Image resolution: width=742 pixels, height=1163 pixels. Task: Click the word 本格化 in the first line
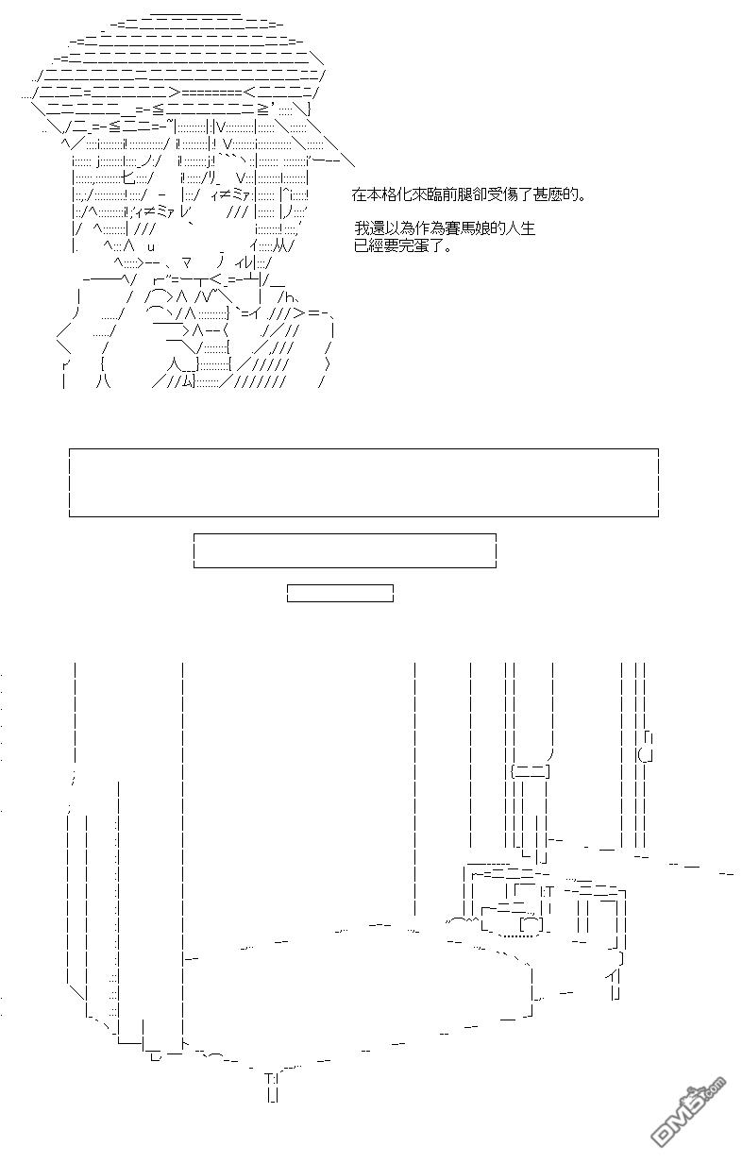[388, 195]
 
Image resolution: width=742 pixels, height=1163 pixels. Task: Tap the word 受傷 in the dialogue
[497, 195]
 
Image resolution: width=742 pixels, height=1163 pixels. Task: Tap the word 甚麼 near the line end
[550, 195]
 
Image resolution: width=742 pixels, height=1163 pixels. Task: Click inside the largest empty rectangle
[363, 482]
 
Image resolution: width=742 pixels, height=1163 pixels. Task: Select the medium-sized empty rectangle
[345, 550]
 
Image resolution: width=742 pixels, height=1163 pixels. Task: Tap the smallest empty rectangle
[340, 593]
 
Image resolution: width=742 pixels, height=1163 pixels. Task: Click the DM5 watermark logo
[690, 1118]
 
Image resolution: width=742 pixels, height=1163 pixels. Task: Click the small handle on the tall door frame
[647, 746]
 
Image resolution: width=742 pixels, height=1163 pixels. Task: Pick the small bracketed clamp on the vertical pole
[529, 771]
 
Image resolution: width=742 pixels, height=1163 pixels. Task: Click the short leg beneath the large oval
[272, 1087]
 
